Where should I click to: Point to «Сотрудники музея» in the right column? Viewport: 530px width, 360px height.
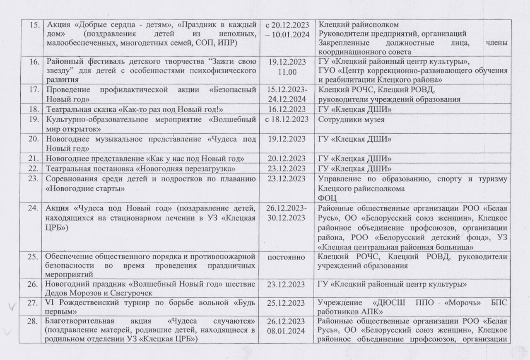(x=351, y=120)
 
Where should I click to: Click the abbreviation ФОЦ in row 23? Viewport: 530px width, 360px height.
(x=328, y=198)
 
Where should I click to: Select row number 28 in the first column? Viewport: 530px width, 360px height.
(x=33, y=322)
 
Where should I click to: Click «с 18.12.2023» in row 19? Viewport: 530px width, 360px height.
(x=287, y=120)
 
